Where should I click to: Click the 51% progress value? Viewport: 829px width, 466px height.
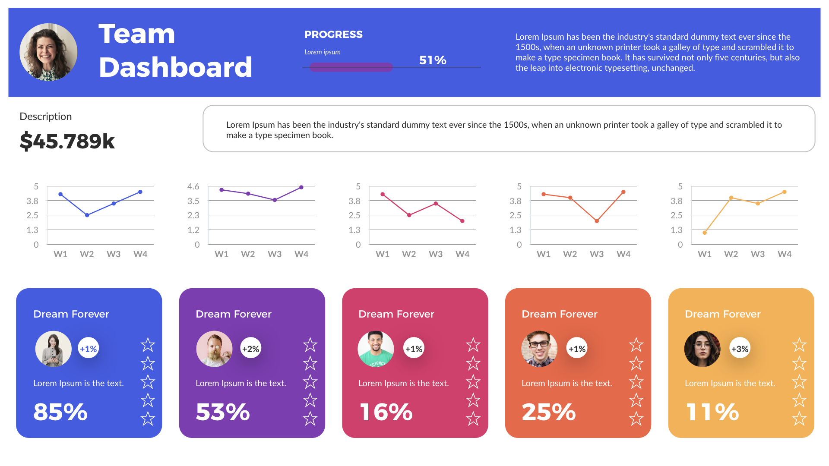pyautogui.click(x=433, y=60)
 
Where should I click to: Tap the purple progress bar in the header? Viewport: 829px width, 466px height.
pyautogui.click(x=351, y=67)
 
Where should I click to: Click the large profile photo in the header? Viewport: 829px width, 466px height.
pyautogui.click(x=48, y=52)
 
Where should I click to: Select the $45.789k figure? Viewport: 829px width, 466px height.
pyautogui.click(x=67, y=141)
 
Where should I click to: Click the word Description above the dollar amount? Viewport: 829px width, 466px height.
pyautogui.click(x=46, y=116)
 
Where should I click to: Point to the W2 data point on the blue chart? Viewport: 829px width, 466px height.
pyautogui.click(x=87, y=215)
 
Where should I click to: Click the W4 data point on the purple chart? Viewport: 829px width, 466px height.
pyautogui.click(x=301, y=187)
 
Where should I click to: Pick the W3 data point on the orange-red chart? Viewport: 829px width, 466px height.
pyautogui.click(x=597, y=221)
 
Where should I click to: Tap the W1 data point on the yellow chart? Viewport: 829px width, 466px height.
pyautogui.click(x=705, y=233)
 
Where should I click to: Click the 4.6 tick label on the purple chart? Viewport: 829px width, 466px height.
pyautogui.click(x=193, y=186)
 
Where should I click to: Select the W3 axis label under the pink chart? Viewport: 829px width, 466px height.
pyautogui.click(x=436, y=254)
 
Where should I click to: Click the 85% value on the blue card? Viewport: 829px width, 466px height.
pyautogui.click(x=60, y=412)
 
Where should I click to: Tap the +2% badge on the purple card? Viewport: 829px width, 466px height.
pyautogui.click(x=251, y=349)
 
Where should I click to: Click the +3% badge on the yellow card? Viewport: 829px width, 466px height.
pyautogui.click(x=740, y=349)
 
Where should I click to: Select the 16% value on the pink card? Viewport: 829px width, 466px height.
pyautogui.click(x=386, y=412)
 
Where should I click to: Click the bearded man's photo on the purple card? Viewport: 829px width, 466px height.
pyautogui.click(x=214, y=349)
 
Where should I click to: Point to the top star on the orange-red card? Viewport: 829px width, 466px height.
pyautogui.click(x=636, y=345)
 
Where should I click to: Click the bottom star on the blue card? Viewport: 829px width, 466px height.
pyautogui.click(x=148, y=419)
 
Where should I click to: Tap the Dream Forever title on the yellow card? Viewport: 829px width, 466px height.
pyautogui.click(x=722, y=314)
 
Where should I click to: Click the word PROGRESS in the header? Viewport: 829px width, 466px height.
pyautogui.click(x=333, y=35)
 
